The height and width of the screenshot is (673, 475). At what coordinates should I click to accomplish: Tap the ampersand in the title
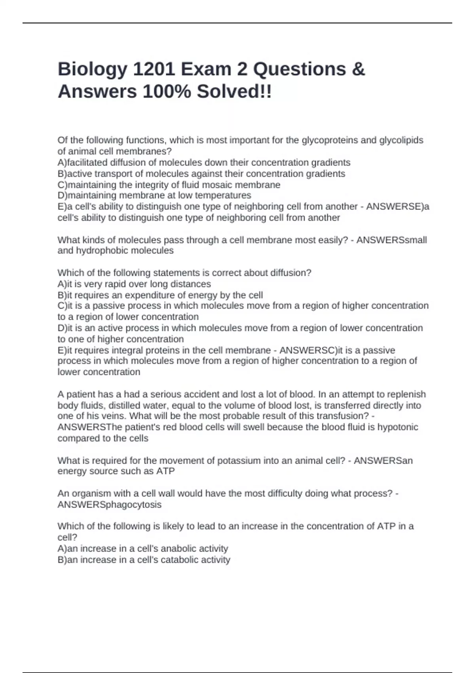point(358,69)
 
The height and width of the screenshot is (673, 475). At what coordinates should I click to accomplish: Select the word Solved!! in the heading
point(234,92)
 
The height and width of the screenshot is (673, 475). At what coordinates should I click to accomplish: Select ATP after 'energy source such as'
point(166,471)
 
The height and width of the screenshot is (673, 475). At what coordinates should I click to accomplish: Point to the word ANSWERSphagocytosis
point(109,505)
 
